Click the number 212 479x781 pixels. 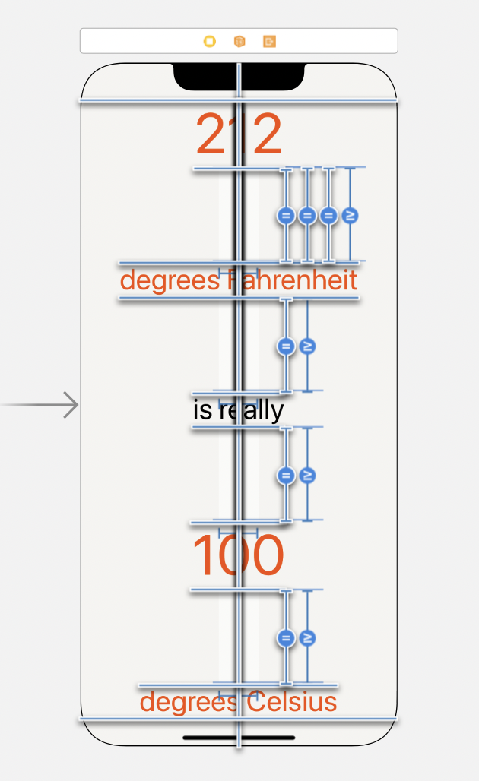[x=239, y=135]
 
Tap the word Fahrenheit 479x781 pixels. [x=293, y=280]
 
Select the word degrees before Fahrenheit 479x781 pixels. [x=169, y=280]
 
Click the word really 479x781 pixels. [x=252, y=410]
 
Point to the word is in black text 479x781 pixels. [x=202, y=410]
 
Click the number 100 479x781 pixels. [x=238, y=556]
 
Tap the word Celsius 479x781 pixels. [x=291, y=701]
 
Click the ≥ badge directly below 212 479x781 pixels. [x=350, y=216]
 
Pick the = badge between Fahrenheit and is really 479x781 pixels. [x=286, y=347]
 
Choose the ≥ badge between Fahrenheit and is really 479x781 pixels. [x=307, y=347]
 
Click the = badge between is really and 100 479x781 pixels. [x=286, y=476]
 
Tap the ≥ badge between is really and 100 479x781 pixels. [x=307, y=476]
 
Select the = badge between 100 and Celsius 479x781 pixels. [x=286, y=637]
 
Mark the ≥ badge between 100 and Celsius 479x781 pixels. [x=307, y=637]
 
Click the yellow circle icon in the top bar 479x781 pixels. [x=210, y=41]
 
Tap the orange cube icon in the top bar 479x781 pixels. [x=239, y=41]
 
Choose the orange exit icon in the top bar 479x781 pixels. [x=269, y=41]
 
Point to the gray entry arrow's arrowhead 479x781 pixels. [x=72, y=405]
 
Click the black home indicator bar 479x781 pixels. [x=239, y=737]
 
